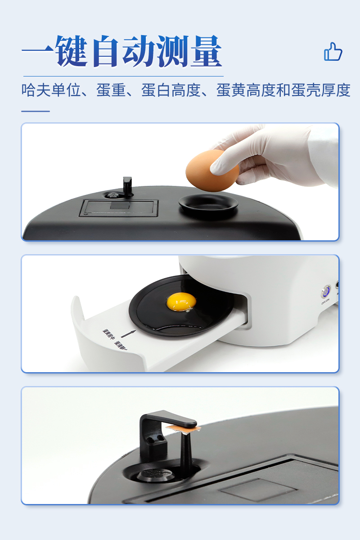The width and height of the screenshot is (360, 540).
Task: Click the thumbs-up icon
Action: pos(333,52)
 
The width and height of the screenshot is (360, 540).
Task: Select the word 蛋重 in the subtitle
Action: pos(111,90)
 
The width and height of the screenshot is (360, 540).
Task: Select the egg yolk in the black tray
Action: pos(181,301)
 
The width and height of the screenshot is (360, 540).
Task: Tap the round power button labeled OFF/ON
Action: pos(325,292)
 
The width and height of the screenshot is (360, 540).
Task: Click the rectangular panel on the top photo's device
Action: pos(119,208)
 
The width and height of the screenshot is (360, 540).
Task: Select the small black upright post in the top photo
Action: pos(127,185)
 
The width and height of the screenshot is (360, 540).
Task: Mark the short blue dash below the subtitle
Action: pos(36,111)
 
